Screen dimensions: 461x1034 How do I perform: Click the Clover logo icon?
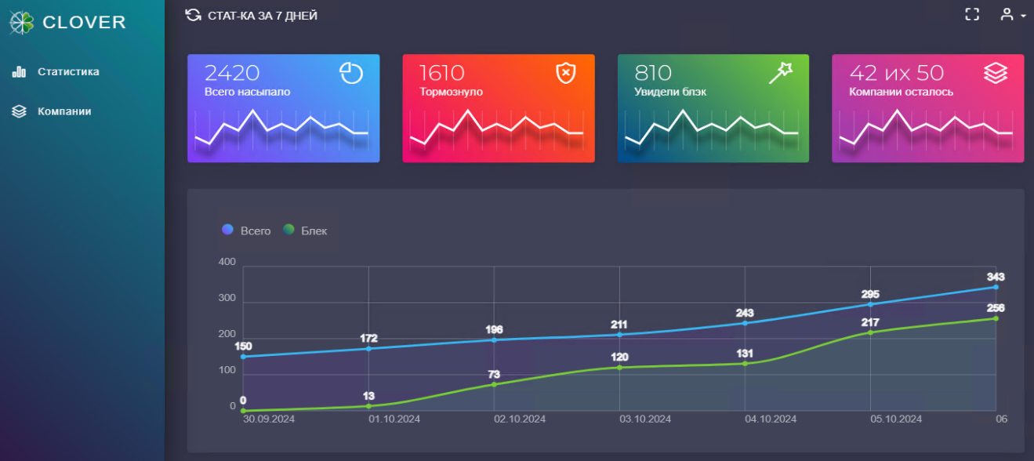[22, 23]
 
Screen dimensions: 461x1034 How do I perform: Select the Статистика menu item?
[68, 72]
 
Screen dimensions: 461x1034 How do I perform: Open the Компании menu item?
[64, 111]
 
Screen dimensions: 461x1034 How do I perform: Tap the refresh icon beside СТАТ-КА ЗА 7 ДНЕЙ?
[193, 15]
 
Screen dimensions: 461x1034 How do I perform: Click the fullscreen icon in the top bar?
[972, 14]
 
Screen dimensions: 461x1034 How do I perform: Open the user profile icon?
[1007, 14]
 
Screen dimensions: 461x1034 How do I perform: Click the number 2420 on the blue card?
[232, 73]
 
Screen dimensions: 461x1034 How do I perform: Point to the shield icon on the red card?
[565, 73]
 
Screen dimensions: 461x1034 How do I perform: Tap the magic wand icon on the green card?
[781, 73]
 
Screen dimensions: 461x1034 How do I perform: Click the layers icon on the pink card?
[996, 73]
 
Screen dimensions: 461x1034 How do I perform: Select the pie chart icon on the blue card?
[351, 73]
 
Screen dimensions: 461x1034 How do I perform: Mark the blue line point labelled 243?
[745, 323]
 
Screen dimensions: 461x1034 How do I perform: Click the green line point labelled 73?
[494, 384]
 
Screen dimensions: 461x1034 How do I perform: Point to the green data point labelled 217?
[870, 332]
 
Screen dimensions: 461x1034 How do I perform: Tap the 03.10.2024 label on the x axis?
[644, 419]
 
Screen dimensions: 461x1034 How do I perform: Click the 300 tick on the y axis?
[227, 298]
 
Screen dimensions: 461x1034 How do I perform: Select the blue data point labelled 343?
[996, 287]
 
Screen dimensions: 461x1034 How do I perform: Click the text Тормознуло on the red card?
[451, 92]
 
